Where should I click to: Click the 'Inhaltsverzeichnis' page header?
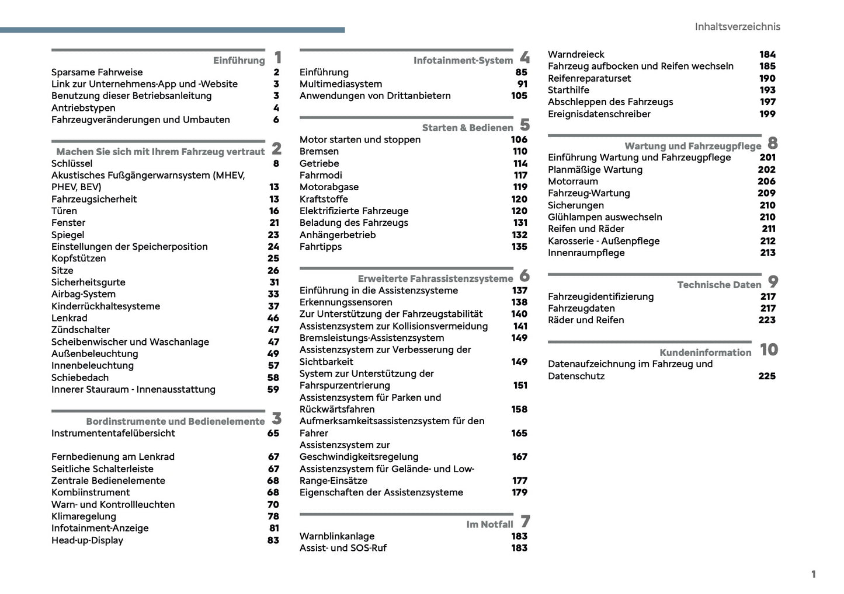coord(737,27)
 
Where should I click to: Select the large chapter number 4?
coord(525,57)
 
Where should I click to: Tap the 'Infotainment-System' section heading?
coord(463,61)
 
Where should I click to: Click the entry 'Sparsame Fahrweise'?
coord(97,72)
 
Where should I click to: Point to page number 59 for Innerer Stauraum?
coord(273,389)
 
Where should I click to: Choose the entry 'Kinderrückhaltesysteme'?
coord(106,306)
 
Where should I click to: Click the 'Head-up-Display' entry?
coord(87,540)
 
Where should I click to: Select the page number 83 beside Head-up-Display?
coord(273,540)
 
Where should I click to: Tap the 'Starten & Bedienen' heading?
coord(467,128)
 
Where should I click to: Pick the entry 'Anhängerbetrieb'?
coord(338,235)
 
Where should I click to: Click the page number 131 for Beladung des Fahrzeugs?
coord(520,223)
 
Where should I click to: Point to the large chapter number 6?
coord(525,275)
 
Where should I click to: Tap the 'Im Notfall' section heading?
coord(489,525)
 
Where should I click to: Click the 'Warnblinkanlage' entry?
coord(337,536)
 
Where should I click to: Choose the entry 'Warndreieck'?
coord(576,54)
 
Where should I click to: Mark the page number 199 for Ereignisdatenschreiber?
coord(767,114)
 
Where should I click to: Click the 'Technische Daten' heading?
coord(719,285)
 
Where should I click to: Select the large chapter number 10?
coord(769,350)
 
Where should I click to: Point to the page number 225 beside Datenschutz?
coord(767,376)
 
